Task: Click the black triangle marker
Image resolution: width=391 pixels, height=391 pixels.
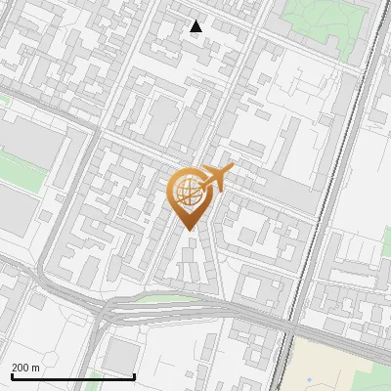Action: coord(195,26)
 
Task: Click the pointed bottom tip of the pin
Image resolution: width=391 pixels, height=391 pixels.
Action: coord(189,230)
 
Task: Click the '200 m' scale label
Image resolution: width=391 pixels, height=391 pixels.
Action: coord(25,368)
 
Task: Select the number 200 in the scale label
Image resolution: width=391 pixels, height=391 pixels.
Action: coord(21,368)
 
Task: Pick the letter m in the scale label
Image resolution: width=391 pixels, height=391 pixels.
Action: coord(36,368)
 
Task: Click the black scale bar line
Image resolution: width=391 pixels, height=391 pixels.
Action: coord(73,376)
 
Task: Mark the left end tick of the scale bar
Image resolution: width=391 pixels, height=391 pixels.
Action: coord(12,375)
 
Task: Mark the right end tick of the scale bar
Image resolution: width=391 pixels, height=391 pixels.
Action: coord(134,375)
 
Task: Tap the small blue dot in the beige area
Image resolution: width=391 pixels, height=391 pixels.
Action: coord(309,378)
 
